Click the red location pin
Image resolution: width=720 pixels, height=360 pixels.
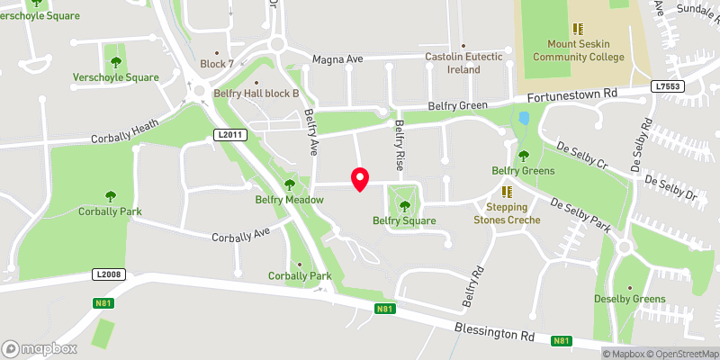360,178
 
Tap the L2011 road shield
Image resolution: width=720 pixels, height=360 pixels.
229,135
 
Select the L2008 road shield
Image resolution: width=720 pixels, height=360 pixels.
105,274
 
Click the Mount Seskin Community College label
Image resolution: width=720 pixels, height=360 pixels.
578,50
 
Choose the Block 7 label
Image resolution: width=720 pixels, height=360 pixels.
217,64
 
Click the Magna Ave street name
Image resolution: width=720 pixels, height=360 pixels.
337,59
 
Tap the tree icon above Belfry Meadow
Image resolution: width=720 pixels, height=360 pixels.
290,184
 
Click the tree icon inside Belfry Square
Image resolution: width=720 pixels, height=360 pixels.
403,204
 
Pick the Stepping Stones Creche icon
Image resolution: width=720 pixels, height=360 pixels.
507,192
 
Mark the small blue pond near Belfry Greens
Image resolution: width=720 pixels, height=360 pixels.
524,118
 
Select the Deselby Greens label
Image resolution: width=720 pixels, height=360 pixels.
629,299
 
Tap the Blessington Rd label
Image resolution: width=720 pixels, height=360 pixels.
494,333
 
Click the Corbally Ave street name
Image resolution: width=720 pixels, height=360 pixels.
241,237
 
